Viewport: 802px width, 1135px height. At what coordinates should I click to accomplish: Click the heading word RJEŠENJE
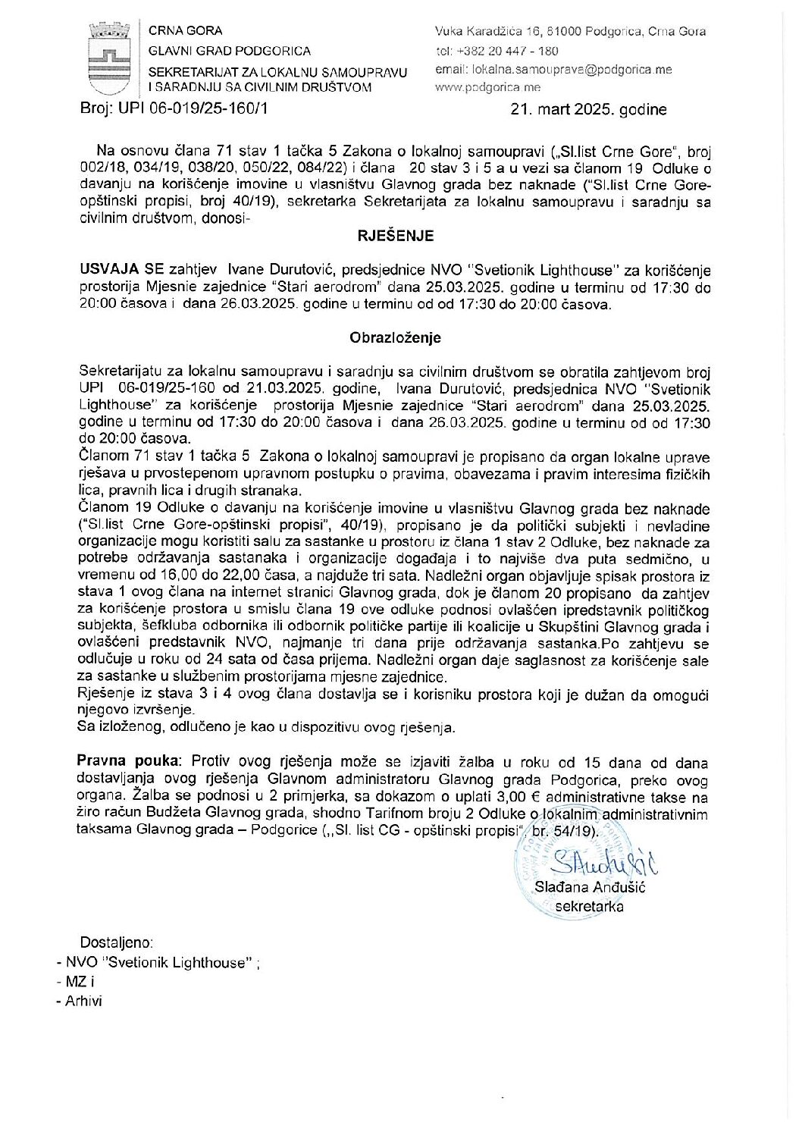[x=396, y=236]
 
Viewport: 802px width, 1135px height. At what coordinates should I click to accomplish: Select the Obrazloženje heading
[x=395, y=337]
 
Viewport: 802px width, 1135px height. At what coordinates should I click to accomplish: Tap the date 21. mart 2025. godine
[x=589, y=109]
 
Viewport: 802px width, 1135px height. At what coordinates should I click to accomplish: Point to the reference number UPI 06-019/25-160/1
[x=193, y=108]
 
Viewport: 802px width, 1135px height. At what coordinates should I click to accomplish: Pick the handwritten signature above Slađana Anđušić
[x=603, y=864]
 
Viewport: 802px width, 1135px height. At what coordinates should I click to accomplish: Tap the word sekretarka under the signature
[x=589, y=906]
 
